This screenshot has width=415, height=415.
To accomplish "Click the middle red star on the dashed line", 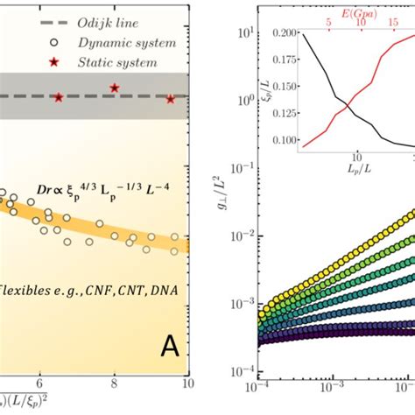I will click(x=115, y=88).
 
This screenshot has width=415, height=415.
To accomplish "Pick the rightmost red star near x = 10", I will click(x=171, y=99).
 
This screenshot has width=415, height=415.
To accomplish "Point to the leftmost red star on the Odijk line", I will click(x=58, y=97).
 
